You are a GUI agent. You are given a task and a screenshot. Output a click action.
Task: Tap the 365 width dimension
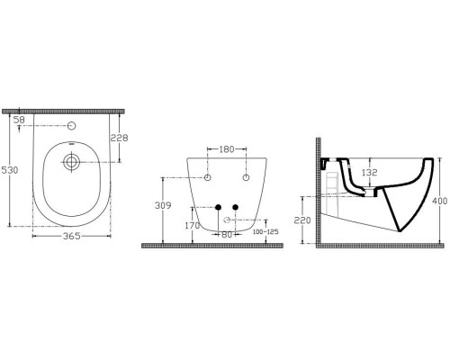pos(71,236)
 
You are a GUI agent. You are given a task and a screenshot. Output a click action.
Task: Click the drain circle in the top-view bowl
pos(71,163)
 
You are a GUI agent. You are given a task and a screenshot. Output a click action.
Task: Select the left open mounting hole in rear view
pos(207,179)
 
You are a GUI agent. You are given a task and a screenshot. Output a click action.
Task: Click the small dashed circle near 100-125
pos(229,220)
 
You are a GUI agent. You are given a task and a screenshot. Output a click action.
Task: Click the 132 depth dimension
pos(368,171)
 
